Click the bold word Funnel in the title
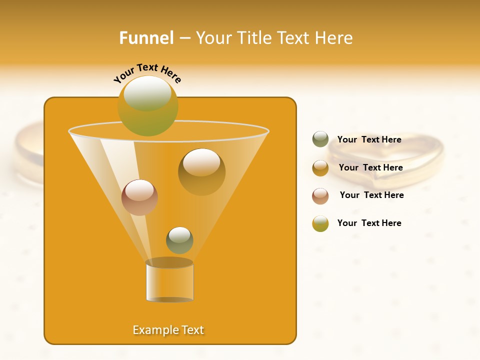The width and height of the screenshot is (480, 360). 146,38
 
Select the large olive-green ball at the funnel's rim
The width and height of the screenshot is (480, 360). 147,105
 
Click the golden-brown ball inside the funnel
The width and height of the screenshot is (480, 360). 201,171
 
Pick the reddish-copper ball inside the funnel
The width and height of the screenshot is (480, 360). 139,197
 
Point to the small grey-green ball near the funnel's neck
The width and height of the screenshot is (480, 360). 179,240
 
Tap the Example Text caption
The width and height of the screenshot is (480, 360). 168,330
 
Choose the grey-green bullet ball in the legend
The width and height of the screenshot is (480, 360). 320,139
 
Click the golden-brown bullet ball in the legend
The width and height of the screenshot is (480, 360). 320,167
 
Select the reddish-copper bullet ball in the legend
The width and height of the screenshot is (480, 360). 320,195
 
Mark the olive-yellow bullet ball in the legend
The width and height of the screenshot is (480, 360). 320,223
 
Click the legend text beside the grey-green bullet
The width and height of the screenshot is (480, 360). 369,139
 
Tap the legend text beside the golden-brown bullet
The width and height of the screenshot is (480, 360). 370,167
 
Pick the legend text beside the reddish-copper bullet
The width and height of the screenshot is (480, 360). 371,195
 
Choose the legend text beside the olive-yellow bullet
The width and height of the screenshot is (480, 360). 369,223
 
